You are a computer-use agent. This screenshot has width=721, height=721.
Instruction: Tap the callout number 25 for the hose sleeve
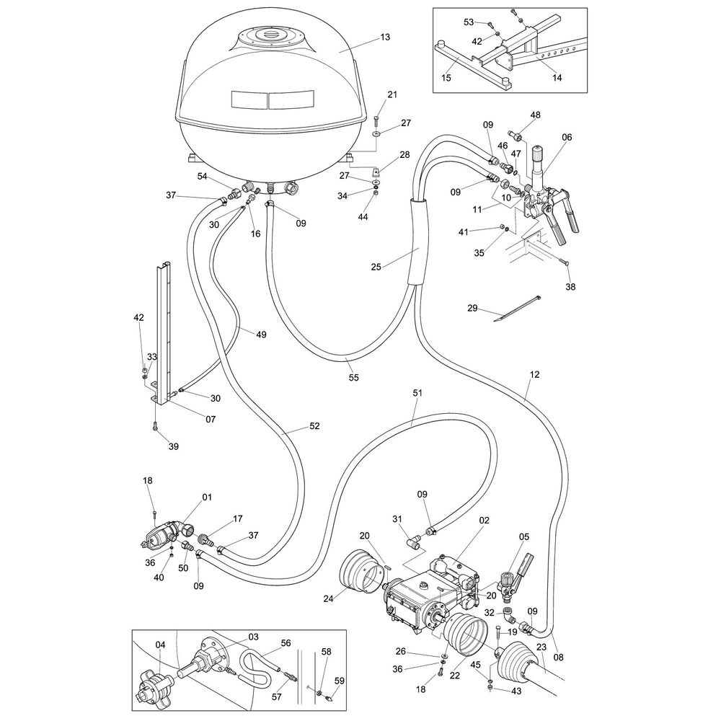(376, 265)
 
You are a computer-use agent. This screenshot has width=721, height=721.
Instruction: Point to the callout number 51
(417, 392)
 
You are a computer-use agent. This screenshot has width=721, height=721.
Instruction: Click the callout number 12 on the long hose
(534, 375)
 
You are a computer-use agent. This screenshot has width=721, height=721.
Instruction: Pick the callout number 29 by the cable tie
(472, 309)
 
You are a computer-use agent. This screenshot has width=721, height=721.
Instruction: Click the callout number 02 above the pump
(484, 519)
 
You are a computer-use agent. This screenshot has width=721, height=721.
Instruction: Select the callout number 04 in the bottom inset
(161, 645)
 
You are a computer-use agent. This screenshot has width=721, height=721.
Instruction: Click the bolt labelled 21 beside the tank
(377, 115)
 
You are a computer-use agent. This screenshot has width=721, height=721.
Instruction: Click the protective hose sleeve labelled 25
(416, 242)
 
